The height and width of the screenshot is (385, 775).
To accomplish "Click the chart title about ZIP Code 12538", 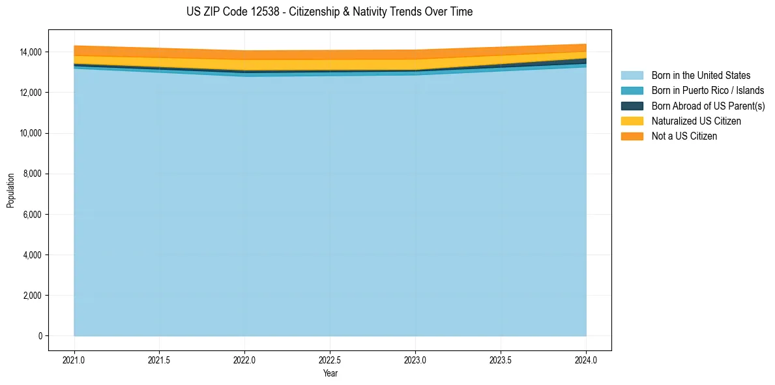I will pos(329,12).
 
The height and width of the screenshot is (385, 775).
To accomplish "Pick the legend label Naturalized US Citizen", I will pos(696,121).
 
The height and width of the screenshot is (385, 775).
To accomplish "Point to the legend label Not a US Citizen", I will pos(684,136).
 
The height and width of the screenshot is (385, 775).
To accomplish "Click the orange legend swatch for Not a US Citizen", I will pos(632,136).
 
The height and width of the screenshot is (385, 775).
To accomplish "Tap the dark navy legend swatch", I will pos(632,106).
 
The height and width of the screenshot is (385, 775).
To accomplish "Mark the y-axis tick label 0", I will pos(40,336).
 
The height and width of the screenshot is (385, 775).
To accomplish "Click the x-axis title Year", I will pos(330,373).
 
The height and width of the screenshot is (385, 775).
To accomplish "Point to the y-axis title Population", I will pos(10,191).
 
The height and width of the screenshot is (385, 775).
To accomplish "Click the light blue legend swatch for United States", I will pos(632,76).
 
